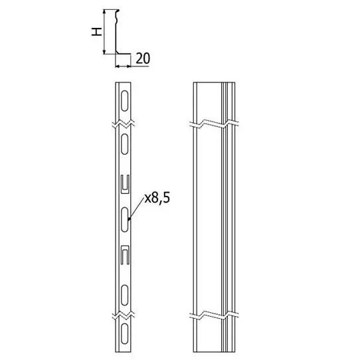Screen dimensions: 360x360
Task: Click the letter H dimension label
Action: point(97,32)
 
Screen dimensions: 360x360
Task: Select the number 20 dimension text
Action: point(143,58)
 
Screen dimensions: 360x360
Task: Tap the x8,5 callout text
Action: point(157,198)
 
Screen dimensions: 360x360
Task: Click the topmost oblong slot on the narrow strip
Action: point(124,101)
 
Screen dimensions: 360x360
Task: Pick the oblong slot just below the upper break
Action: point(124,143)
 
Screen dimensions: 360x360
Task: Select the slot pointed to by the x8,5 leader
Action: point(124,219)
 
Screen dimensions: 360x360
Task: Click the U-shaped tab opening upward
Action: point(125,185)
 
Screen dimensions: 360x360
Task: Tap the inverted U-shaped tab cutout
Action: point(125,255)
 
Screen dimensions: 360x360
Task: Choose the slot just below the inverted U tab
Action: point(124,296)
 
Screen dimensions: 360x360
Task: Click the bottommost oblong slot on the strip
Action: point(124,333)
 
